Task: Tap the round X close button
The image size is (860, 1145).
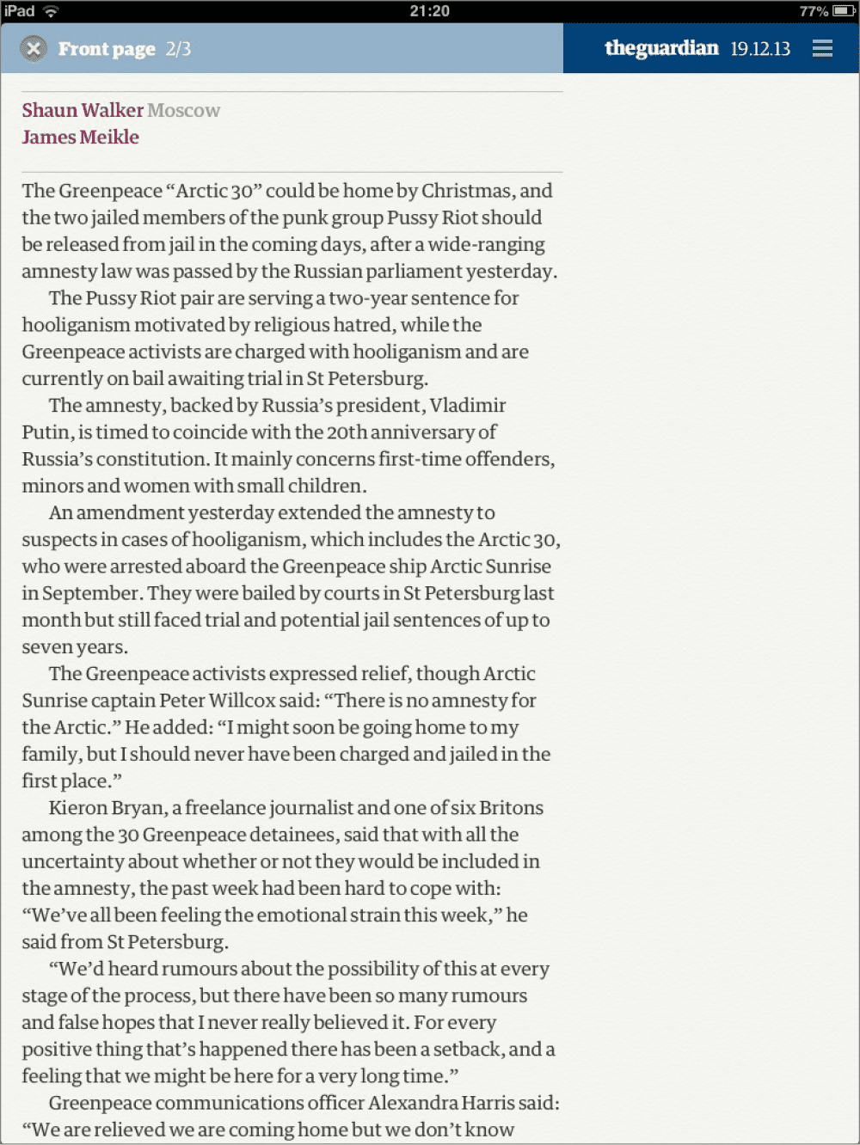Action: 34,49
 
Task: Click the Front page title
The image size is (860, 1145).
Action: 107,49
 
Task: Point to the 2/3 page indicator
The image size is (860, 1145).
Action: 178,49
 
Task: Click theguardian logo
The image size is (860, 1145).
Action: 661,48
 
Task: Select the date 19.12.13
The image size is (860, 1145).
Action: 760,49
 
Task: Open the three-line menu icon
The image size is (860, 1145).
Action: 822,49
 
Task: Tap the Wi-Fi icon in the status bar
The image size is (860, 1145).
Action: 51,11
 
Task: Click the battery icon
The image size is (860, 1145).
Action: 844,11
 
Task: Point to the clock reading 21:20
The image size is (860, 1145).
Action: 429,11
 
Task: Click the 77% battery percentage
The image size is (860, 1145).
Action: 814,11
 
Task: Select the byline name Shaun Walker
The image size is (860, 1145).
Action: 83,110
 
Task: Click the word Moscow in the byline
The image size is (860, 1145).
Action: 184,110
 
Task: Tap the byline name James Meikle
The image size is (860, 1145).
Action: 81,137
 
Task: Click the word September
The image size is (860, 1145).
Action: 91,593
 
